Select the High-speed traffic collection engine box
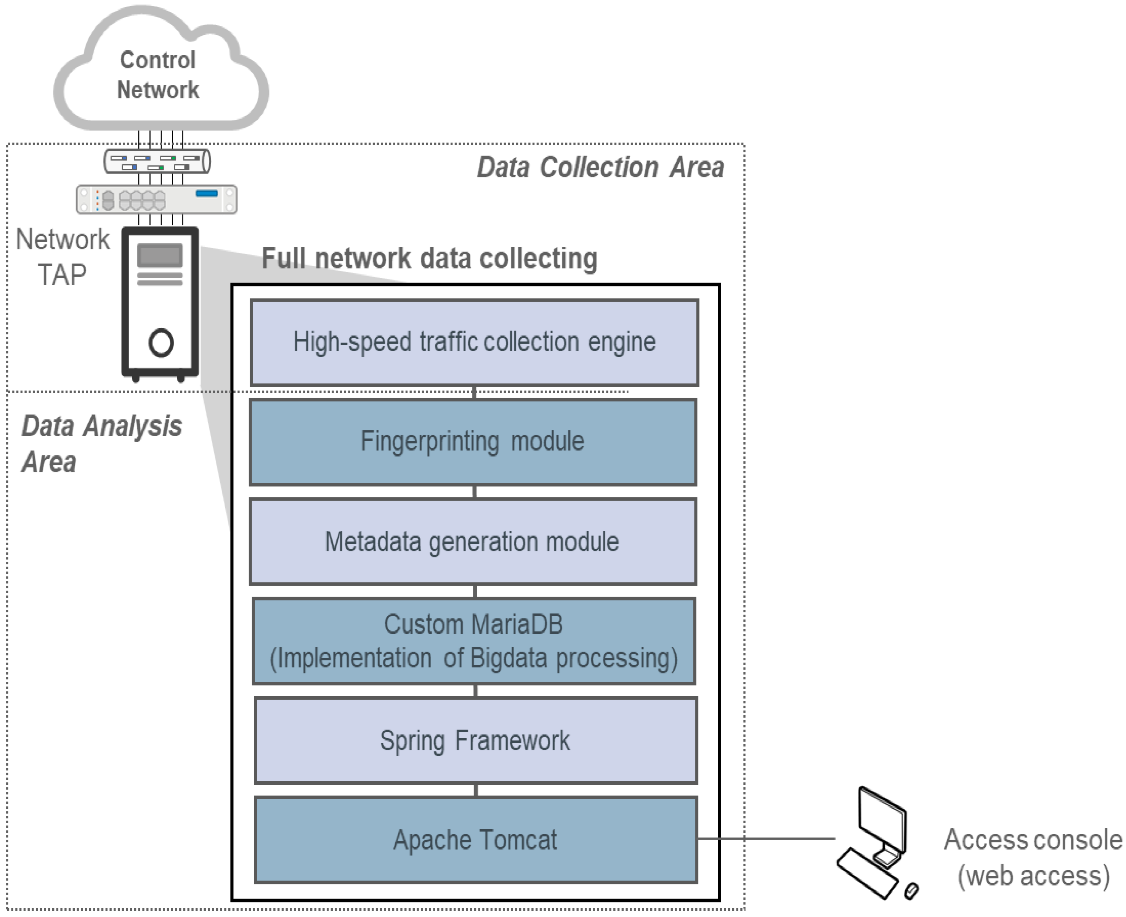(x=474, y=342)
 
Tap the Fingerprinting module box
(x=473, y=442)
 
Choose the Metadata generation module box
(x=473, y=541)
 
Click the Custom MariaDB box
(x=474, y=641)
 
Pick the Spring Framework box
(x=475, y=740)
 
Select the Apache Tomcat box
(x=475, y=840)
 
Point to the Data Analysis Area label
(x=100, y=444)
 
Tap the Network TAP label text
(x=62, y=257)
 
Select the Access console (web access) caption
(x=1033, y=857)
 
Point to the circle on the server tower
(x=160, y=343)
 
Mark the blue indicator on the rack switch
(x=207, y=193)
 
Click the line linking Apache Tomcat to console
(x=766, y=838)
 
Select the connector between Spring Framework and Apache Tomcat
(x=476, y=790)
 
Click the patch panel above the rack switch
(x=157, y=162)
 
